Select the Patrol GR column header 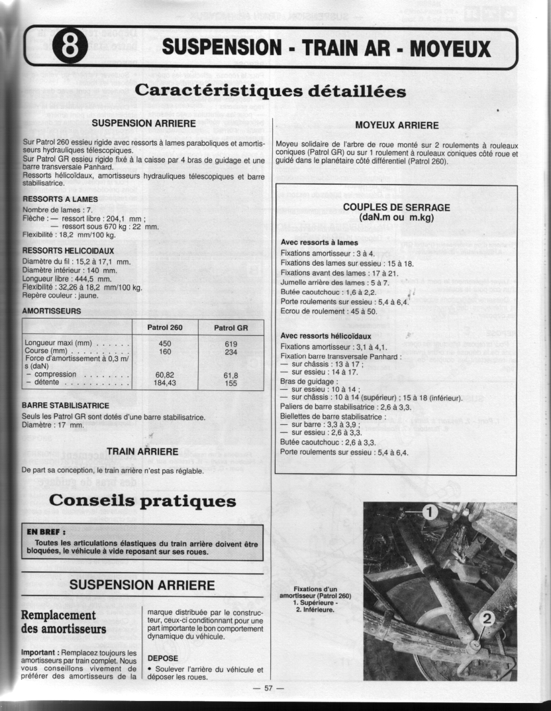pos(231,328)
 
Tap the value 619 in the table pos(230,343)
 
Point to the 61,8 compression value pos(230,375)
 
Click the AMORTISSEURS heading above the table pos(52,311)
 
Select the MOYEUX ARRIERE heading pos(397,125)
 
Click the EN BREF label pos(46,531)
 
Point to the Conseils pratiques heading pos(142,501)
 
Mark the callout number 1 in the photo pos(429,512)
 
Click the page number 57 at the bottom pos(268,688)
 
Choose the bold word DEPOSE pos(162,659)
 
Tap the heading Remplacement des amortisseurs pos(64,622)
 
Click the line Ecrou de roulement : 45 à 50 pos(328,311)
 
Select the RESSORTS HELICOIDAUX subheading pos(68,251)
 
